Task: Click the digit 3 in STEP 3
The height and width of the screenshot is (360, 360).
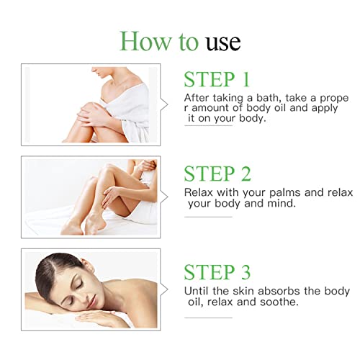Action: (246, 271)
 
